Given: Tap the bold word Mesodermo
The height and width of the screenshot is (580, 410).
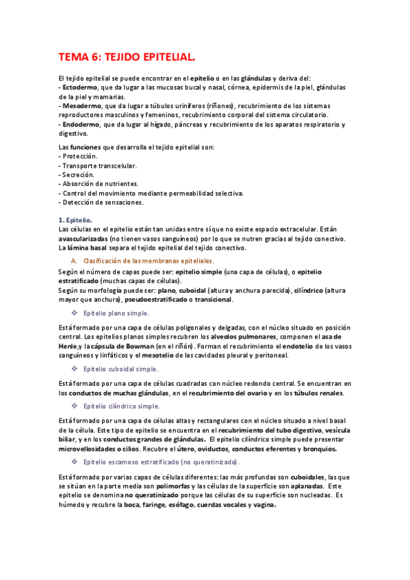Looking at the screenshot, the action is (x=81, y=106).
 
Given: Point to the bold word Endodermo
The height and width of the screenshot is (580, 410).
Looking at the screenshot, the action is (x=81, y=124).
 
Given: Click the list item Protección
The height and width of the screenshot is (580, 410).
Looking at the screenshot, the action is (x=80, y=157).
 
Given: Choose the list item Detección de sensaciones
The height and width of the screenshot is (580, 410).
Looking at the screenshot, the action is (x=103, y=202).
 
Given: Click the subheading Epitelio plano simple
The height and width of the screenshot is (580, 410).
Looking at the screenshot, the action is (x=116, y=313).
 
